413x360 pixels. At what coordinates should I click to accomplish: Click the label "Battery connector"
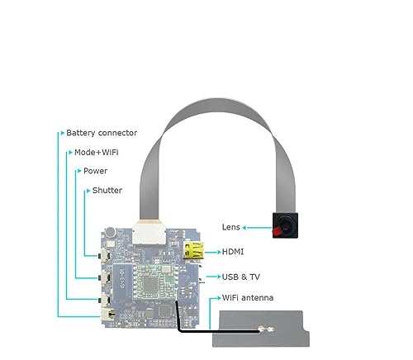pos(102,133)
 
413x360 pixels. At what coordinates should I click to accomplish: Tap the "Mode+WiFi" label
pos(97,152)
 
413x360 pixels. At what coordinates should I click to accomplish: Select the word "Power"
pos(95,171)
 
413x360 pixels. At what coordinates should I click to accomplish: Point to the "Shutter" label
pos(107,190)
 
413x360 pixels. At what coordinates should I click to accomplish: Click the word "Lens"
pos(230,227)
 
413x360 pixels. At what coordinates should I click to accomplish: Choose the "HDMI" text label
pos(233,252)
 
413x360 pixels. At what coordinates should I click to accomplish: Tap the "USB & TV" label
pos(241,277)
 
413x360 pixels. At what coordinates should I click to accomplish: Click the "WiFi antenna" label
pos(248,297)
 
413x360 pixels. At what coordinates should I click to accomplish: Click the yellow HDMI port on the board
pos(193,251)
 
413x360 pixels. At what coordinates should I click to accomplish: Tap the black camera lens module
pos(285,225)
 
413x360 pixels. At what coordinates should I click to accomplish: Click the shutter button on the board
pos(104,256)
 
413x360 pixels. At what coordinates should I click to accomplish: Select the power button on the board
pos(104,277)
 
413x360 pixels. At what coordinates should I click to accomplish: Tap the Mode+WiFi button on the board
pos(104,300)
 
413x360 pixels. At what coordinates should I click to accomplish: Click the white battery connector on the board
pos(108,314)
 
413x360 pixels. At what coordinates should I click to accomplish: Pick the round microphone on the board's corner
pos(111,232)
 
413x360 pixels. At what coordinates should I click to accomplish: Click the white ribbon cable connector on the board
pos(150,233)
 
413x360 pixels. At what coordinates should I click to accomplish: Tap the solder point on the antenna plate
pos(266,329)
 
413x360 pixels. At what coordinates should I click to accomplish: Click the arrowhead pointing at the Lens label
pos(244,227)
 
